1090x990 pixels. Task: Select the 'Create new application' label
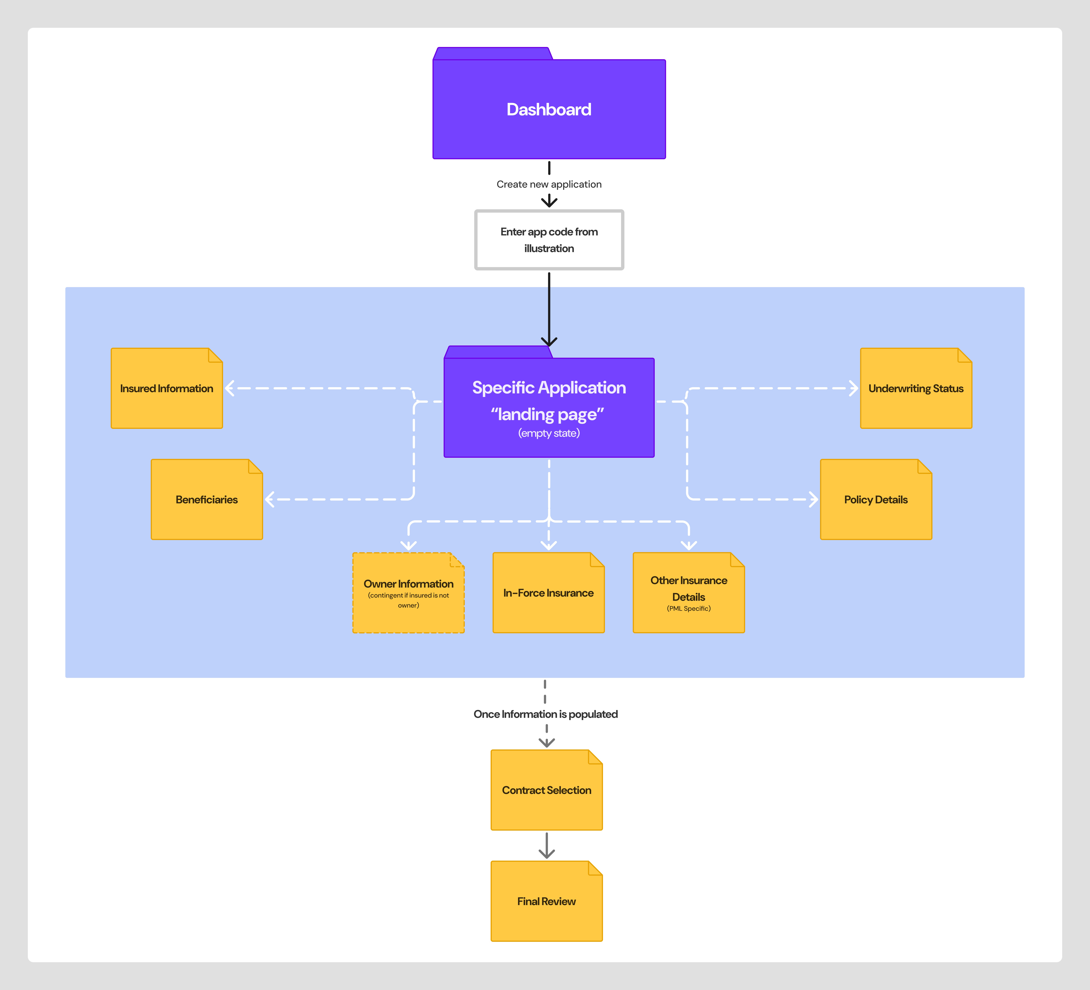point(549,184)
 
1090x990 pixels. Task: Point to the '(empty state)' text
point(549,433)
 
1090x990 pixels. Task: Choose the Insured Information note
point(166,389)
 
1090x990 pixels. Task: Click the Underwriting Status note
point(916,389)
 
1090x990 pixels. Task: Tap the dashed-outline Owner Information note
point(408,593)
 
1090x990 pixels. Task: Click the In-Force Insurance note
point(548,593)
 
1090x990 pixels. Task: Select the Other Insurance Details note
point(689,593)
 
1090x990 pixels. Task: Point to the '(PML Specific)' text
point(689,609)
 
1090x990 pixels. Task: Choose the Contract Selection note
point(547,790)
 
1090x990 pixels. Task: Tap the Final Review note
point(547,901)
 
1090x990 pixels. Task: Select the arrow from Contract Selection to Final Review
point(547,846)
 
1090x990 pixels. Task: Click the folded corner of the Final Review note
point(595,868)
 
